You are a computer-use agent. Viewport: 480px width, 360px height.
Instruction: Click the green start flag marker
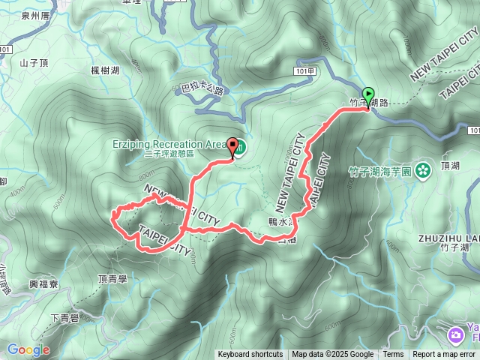(368, 95)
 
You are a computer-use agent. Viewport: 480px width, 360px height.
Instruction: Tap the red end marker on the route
(233, 147)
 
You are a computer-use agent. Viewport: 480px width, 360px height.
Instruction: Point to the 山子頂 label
(34, 63)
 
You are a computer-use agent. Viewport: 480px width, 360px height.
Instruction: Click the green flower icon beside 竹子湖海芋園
(424, 169)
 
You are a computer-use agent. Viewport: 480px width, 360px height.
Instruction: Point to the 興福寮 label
(43, 284)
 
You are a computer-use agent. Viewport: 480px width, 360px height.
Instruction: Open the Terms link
(393, 355)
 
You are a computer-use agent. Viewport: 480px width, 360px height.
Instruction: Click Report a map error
(444, 355)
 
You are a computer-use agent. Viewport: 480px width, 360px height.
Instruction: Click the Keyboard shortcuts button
(250, 355)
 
